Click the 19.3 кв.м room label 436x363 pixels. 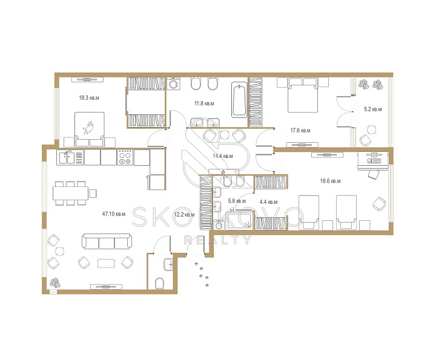(89, 98)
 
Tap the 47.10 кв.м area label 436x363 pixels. (114, 214)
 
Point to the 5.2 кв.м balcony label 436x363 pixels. (372, 109)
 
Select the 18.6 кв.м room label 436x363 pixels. (330, 181)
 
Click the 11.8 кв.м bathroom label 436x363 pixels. (204, 103)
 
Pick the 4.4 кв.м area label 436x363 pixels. (268, 202)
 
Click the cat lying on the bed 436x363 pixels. (88, 128)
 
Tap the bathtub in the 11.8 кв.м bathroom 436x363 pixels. (239, 99)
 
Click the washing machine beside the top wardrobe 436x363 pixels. (174, 83)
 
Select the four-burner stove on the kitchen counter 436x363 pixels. (125, 157)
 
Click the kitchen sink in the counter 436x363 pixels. (66, 158)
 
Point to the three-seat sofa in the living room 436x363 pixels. (107, 241)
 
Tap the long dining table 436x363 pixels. (71, 193)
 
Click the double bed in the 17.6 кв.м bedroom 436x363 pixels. (303, 95)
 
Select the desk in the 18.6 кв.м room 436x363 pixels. (372, 160)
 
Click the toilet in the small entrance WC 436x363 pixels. (159, 284)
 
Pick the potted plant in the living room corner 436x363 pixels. (55, 283)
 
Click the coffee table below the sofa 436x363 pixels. (106, 263)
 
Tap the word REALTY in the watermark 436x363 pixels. (218, 240)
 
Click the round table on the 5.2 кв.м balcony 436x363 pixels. (371, 129)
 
